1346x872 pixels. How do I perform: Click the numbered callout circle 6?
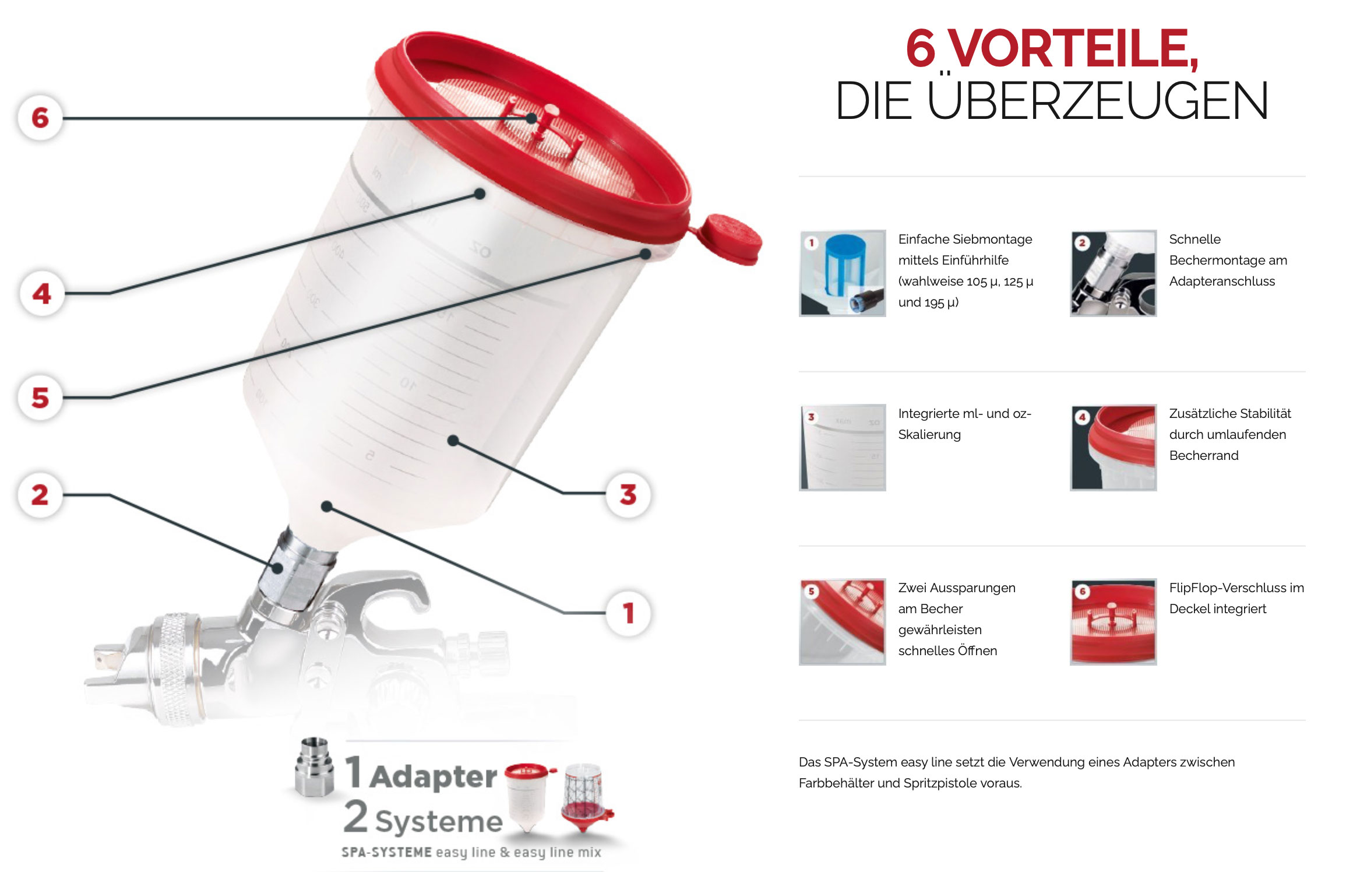(x=40, y=118)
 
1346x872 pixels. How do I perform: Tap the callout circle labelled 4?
(x=42, y=293)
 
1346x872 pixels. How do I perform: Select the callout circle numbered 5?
(x=40, y=398)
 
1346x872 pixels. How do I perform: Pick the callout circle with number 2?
(x=40, y=495)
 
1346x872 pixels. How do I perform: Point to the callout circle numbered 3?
(x=628, y=494)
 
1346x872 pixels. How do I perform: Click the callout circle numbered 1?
(x=628, y=613)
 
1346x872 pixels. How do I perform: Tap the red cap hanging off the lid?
(x=730, y=239)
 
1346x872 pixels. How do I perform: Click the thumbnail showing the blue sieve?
(x=843, y=273)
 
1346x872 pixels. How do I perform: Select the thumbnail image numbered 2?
(x=1114, y=273)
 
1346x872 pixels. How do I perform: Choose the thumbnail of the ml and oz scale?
(x=843, y=448)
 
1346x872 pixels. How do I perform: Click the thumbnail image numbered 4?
(x=1114, y=448)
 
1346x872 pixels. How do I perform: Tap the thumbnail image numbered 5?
(x=843, y=622)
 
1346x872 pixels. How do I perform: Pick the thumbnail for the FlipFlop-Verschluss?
(x=1114, y=622)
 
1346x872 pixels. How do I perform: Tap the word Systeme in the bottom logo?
(x=439, y=821)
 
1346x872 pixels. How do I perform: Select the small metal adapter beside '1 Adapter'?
(x=315, y=766)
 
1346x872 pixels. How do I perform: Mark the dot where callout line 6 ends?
(x=531, y=118)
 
